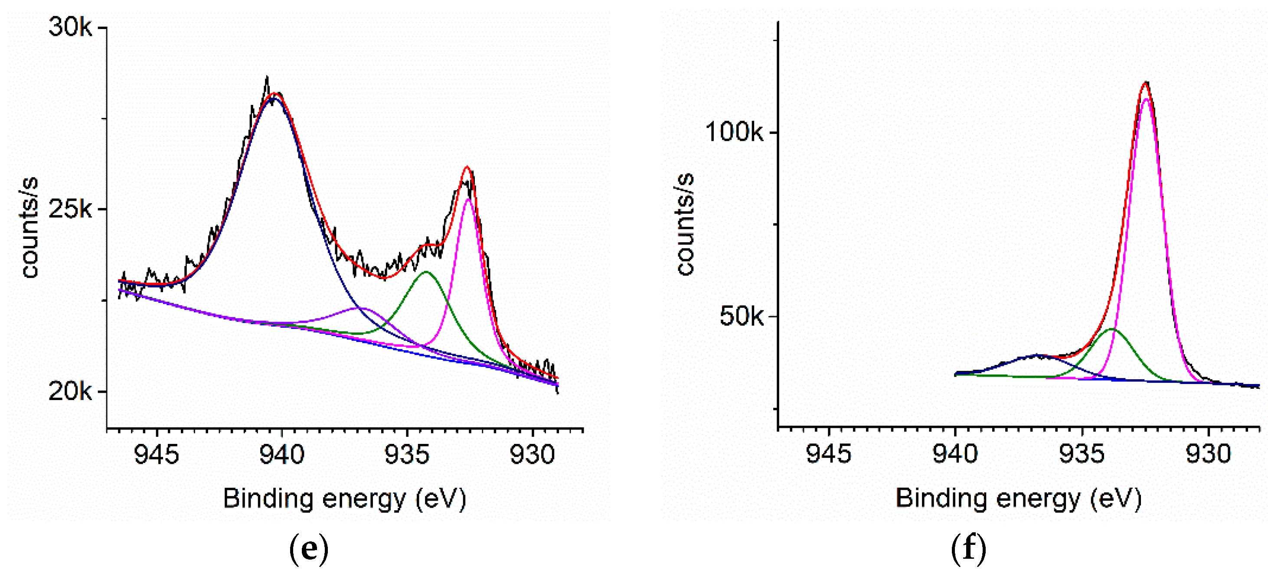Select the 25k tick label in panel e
point(70,210)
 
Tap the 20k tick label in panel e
point(70,392)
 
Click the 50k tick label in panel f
point(741,316)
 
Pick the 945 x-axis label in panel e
point(157,454)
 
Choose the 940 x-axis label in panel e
point(282,454)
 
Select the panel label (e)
point(309,548)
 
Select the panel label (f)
point(968,548)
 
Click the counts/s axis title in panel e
point(29,228)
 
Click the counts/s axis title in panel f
point(685,224)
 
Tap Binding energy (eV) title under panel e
point(345,498)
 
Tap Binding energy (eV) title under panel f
point(1018,498)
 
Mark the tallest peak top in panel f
point(1146,83)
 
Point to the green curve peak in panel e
point(426,272)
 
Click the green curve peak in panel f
point(1111,329)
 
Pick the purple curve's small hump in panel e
point(362,308)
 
